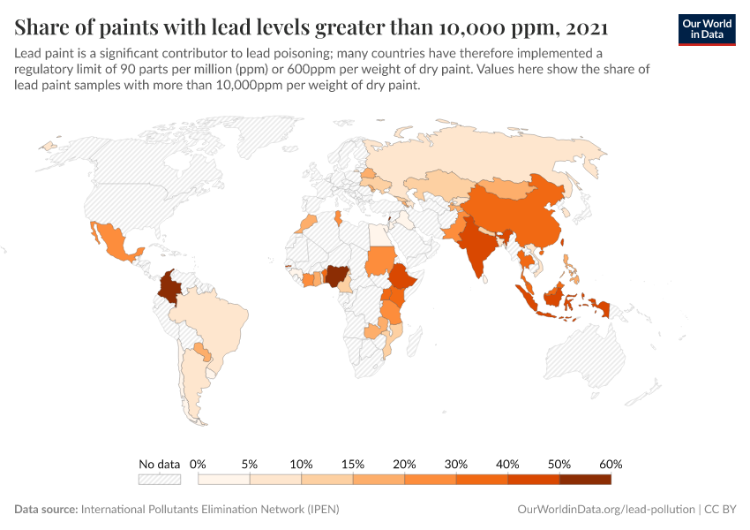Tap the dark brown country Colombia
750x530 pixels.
tap(169, 288)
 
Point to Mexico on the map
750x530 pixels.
tap(112, 242)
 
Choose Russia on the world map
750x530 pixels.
tap(494, 159)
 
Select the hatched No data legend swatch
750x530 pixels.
tap(159, 479)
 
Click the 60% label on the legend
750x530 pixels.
tap(611, 464)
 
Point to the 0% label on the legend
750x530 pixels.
tap(199, 464)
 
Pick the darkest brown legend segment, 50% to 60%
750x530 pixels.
tap(585, 479)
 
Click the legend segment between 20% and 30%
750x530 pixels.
tap(430, 479)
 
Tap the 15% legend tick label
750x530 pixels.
tap(353, 464)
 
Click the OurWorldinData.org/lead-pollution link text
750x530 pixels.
tap(605, 510)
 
